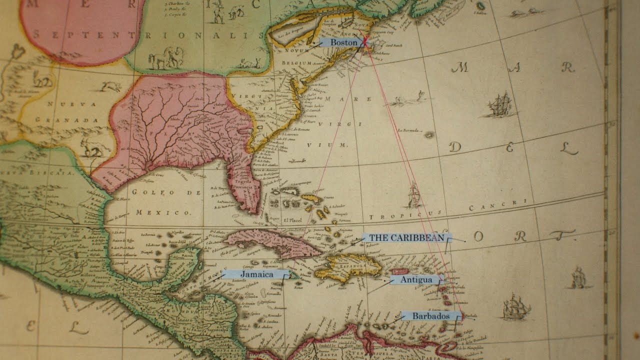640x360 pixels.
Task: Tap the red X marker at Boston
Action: coord(365,43)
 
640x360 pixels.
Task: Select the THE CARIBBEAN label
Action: coord(406,238)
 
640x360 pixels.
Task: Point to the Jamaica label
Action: coord(255,274)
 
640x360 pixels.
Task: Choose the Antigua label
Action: coord(415,279)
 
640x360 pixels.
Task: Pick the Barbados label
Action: coord(430,316)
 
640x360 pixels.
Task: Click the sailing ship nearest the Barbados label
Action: coord(515,306)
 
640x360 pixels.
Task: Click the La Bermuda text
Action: coord(408,131)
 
